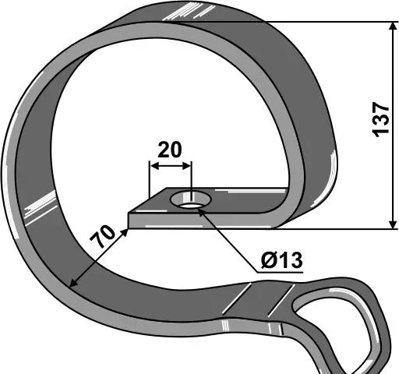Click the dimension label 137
(381, 119)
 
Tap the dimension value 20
(170, 150)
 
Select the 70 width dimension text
(102, 237)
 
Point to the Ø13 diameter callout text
(282, 260)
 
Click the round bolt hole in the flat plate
(191, 199)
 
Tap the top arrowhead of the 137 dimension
(393, 28)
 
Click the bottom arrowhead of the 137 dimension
(393, 224)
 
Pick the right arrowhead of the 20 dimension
(187, 166)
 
